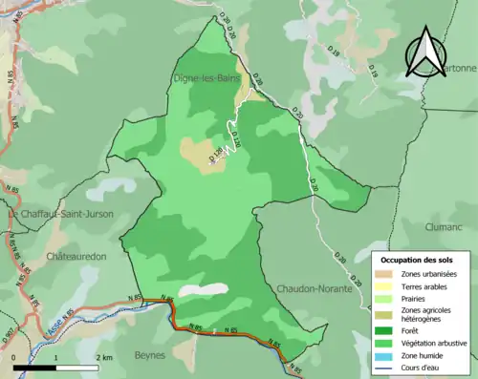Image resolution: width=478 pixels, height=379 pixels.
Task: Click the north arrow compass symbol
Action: click(426, 53)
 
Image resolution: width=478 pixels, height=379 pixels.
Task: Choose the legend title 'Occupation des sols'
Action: click(418, 259)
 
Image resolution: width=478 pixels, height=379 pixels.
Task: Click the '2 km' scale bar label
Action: click(104, 357)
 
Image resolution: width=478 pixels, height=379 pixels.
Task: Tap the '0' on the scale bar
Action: click(14, 357)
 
